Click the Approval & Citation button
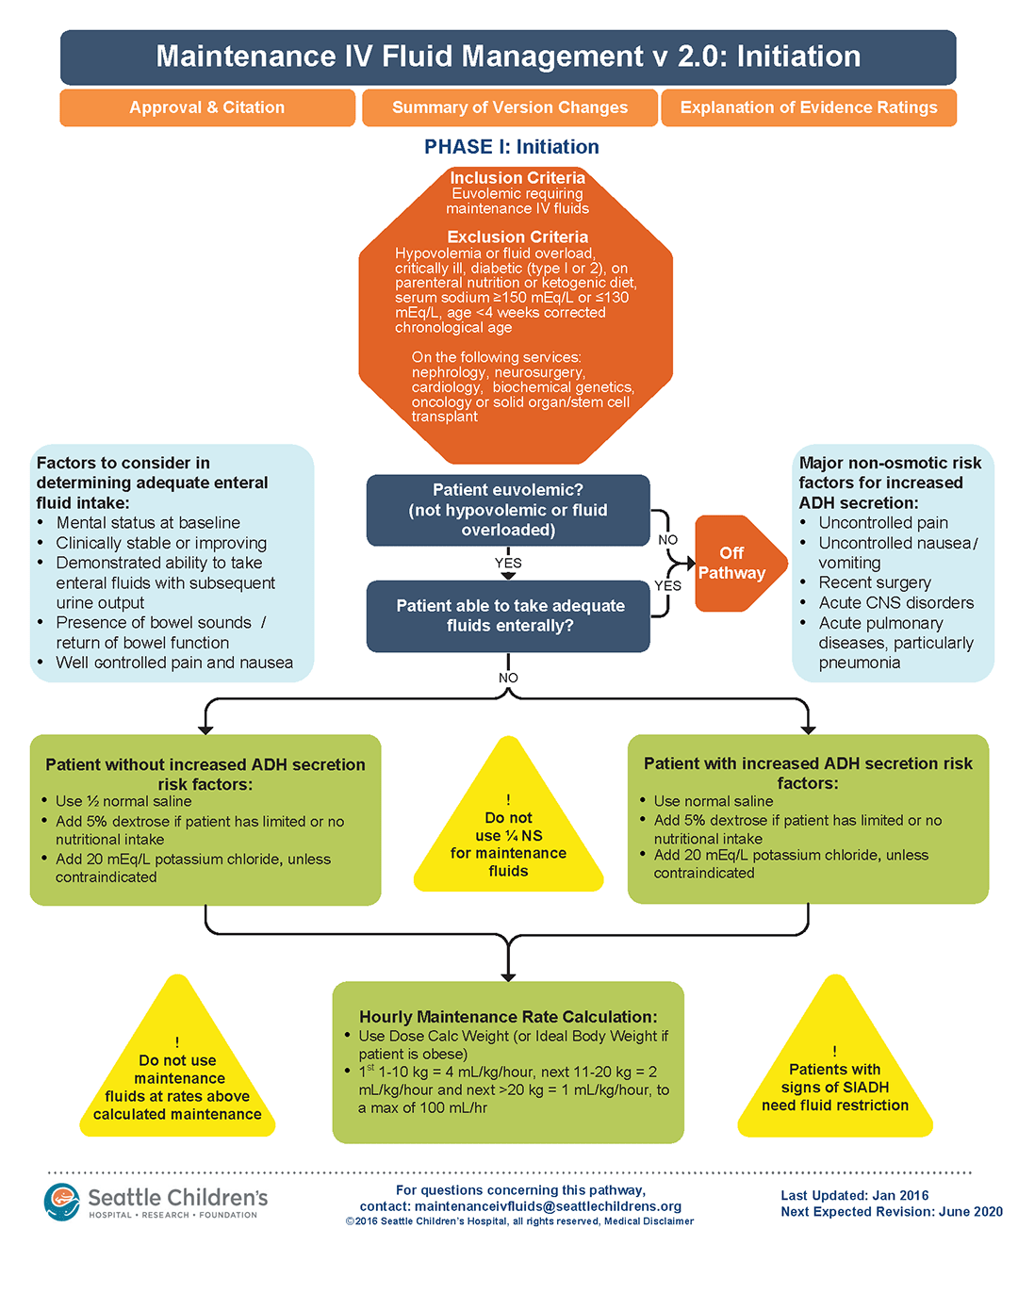pos(207,107)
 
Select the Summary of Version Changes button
pos(509,107)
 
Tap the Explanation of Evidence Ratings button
pos(809,107)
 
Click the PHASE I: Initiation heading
pos(511,147)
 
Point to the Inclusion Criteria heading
pos(517,177)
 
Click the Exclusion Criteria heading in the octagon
pos(517,237)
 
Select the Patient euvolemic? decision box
pos(507,510)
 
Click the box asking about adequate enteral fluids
pos(509,615)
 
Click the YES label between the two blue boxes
pos(508,563)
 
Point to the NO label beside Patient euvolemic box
pos(667,540)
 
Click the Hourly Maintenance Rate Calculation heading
pos(508,1017)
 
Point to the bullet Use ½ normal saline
pos(123,801)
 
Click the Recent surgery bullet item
pos(874,582)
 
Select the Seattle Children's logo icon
pos(62,1202)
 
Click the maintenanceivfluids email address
pos(548,1206)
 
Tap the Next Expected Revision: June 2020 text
pos(891,1212)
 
